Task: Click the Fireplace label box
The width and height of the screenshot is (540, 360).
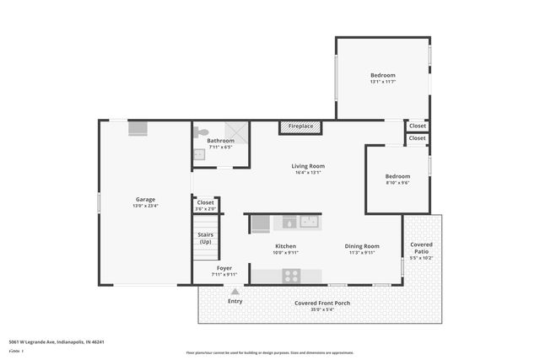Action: click(300, 126)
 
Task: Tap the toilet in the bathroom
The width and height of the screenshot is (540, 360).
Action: click(200, 132)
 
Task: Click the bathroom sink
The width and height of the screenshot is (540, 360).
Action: click(198, 154)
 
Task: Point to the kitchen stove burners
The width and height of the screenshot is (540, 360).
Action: click(291, 275)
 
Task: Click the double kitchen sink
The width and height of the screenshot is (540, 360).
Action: click(300, 223)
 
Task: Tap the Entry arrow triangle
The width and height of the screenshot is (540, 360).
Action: click(235, 291)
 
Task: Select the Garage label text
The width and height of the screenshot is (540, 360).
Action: click(145, 199)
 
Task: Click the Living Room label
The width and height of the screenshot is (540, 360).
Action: click(309, 166)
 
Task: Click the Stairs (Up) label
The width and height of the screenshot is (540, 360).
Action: click(205, 238)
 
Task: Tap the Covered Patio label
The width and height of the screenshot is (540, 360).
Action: click(421, 248)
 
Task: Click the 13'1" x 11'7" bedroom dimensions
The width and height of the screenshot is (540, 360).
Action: click(382, 82)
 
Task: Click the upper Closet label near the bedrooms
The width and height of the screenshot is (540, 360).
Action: click(418, 126)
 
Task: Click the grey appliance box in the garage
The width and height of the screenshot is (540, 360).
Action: click(138, 129)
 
